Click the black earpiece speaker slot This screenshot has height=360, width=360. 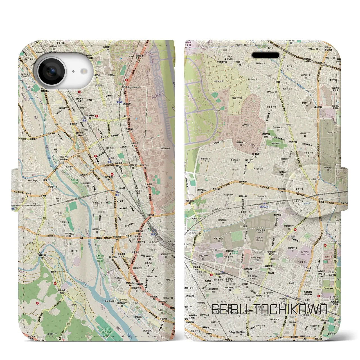(265, 55)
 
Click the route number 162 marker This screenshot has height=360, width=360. (301, 166)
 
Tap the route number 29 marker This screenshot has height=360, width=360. (115, 215)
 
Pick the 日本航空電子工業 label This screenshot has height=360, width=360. (310, 253)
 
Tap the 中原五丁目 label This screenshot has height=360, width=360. (218, 82)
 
